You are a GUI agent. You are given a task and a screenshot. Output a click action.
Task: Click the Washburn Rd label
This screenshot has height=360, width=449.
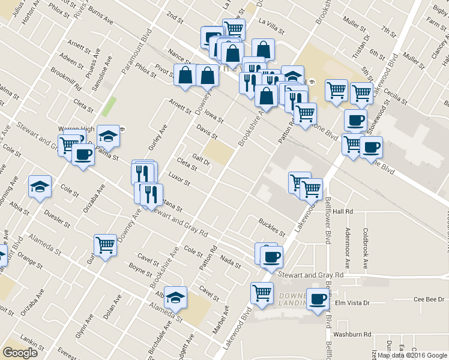click(x=353, y=334)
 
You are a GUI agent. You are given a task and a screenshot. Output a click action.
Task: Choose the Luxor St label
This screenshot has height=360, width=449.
click(x=179, y=179)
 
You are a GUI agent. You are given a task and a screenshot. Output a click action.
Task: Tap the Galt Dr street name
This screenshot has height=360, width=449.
click(x=200, y=161)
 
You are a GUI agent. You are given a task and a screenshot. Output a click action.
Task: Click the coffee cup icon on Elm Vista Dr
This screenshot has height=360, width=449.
click(x=318, y=299)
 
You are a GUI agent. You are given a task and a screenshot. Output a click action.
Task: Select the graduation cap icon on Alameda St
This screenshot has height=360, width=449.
click(x=175, y=297)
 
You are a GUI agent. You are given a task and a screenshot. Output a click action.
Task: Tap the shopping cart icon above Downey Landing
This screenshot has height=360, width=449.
click(x=262, y=293)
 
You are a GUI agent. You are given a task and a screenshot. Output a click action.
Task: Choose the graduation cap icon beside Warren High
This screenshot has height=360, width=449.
click(x=108, y=137)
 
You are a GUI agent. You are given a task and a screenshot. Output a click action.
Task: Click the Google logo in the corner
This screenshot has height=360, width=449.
click(x=20, y=353)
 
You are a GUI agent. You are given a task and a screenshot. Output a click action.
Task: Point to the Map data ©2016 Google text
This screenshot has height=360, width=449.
click(x=412, y=355)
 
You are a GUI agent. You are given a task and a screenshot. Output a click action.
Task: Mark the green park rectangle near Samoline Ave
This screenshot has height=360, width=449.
click(x=109, y=106)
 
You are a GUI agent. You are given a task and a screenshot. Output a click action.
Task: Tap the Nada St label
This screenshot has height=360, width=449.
click(x=231, y=262)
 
